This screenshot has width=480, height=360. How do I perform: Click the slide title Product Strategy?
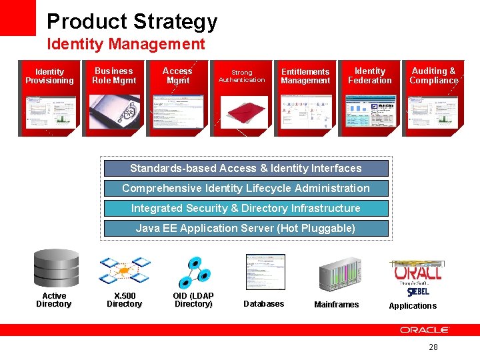(x=132, y=21)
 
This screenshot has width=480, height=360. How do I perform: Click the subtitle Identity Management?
(x=125, y=45)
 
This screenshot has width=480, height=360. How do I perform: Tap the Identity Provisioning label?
(x=49, y=76)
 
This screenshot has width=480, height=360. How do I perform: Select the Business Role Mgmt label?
(x=113, y=75)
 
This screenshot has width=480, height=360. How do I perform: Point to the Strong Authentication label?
(x=241, y=76)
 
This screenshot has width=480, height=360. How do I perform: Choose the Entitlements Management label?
(x=305, y=76)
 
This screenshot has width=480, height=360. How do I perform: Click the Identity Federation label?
(x=369, y=75)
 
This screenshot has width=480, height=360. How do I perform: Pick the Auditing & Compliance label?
(x=433, y=75)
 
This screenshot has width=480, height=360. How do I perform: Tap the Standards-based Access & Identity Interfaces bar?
(x=245, y=169)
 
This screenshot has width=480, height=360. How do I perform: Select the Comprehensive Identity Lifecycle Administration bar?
(x=245, y=189)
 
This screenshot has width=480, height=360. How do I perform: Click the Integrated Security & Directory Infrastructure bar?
(x=245, y=208)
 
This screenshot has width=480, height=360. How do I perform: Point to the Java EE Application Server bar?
(x=245, y=228)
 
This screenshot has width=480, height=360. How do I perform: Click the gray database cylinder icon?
(x=56, y=267)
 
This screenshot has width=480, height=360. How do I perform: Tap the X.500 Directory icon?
(x=124, y=271)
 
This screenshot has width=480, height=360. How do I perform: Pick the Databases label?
(x=263, y=304)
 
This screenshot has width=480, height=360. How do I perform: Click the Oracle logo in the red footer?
(x=425, y=330)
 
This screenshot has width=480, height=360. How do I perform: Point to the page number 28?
(x=433, y=347)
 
